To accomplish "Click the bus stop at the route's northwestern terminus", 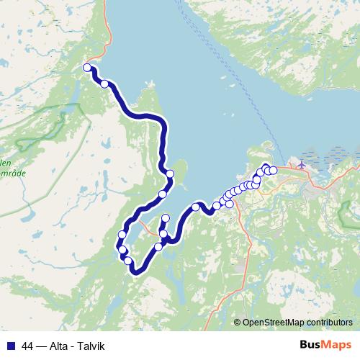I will pyautogui.click(x=87, y=68).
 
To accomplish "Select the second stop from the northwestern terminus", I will pyautogui.click(x=104, y=84).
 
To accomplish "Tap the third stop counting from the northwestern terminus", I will pyautogui.click(x=170, y=174).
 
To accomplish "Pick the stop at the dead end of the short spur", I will pyautogui.click(x=166, y=218).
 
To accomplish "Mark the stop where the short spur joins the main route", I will pyautogui.click(x=163, y=234).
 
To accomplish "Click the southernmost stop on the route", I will pyautogui.click(x=130, y=261).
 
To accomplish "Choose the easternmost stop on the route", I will pyautogui.click(x=273, y=171).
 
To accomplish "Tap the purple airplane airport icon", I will pyautogui.click(x=301, y=164).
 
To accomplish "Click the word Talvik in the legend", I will pyautogui.click(x=91, y=346).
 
